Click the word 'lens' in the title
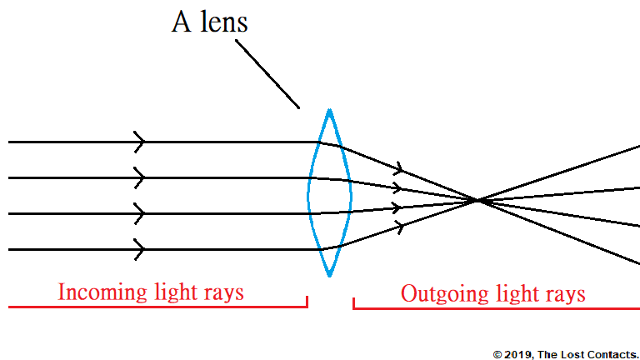point(222,22)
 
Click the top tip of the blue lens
point(330,110)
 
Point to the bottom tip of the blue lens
point(330,276)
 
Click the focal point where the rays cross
point(477,200)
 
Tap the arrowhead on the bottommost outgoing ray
point(400,226)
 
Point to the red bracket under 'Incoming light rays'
point(157,307)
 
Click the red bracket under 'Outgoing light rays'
point(497,308)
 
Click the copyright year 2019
point(515,354)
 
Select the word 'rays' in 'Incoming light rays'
point(224,292)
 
